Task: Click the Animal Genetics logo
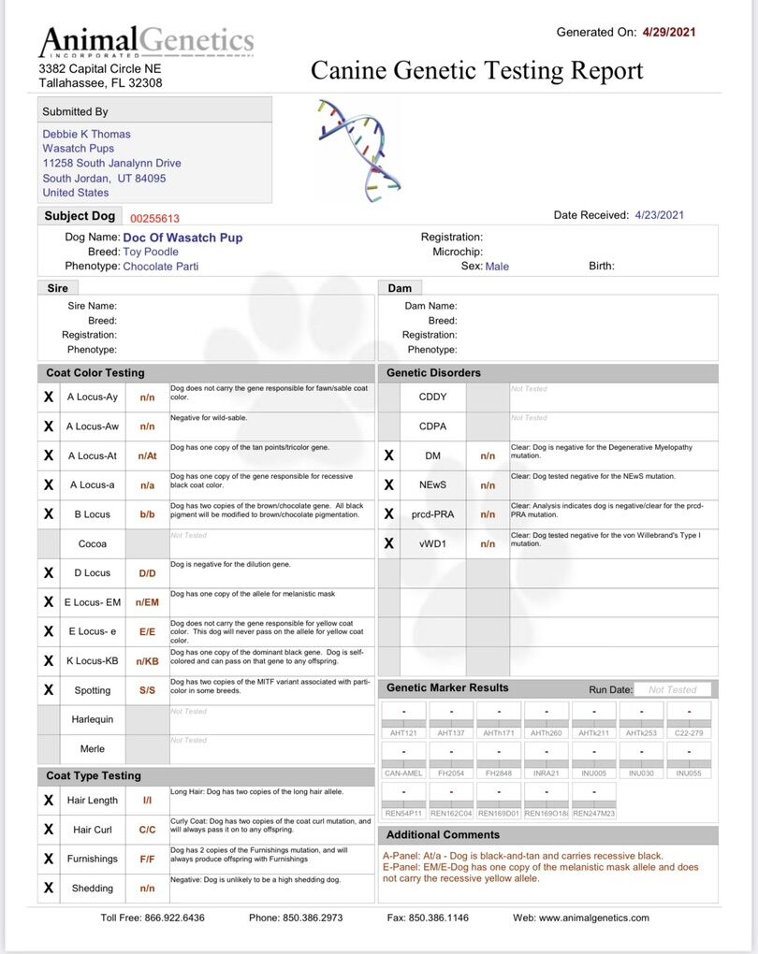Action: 146,42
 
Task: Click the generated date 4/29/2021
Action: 669,33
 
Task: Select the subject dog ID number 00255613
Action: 154,217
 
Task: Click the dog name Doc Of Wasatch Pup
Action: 182,238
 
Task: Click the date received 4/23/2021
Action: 659,215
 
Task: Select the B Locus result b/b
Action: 147,514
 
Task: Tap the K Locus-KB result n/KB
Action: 147,661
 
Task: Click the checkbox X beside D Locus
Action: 49,572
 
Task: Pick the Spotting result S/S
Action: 147,690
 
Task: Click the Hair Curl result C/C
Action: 147,830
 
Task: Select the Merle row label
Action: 92,749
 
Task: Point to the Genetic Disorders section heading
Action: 433,372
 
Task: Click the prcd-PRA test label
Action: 431,514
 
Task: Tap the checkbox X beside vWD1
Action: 389,543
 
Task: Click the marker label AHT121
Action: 404,733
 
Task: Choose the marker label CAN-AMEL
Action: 404,773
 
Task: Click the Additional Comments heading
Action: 443,834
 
